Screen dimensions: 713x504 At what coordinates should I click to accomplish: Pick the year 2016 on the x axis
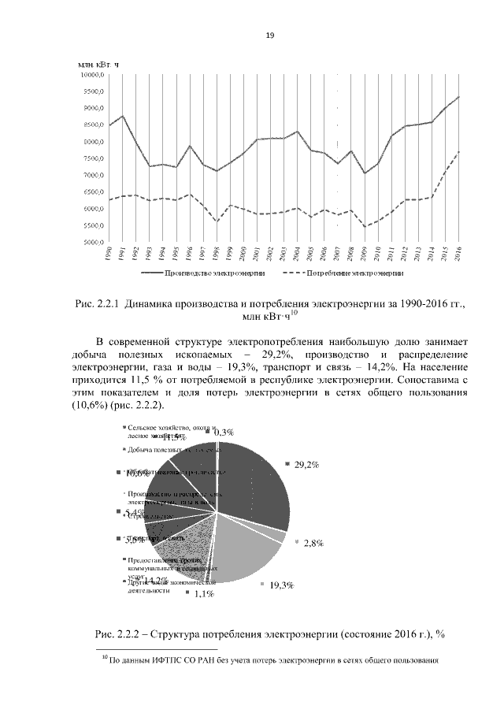[458, 254]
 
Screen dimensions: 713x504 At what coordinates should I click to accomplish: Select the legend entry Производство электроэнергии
[213, 273]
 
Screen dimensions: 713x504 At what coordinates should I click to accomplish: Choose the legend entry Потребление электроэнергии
[355, 273]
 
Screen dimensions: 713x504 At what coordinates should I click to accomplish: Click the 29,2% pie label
[306, 465]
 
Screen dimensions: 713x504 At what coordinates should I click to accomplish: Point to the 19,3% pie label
[281, 585]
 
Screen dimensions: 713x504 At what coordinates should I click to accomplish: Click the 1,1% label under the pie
[203, 595]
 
